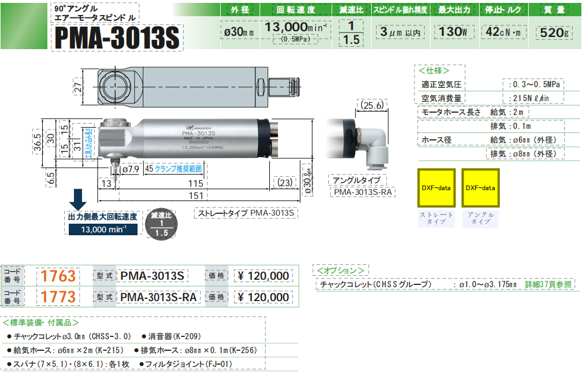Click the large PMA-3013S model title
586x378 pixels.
point(116,38)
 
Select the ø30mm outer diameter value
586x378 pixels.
point(239,32)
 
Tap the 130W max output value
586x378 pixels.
point(453,32)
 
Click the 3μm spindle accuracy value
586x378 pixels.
point(399,32)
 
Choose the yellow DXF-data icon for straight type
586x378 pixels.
point(436,188)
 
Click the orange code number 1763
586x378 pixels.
point(56,276)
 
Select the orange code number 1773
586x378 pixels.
point(56,297)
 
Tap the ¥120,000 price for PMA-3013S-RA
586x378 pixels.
point(264,297)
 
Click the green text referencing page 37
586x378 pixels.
point(548,284)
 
